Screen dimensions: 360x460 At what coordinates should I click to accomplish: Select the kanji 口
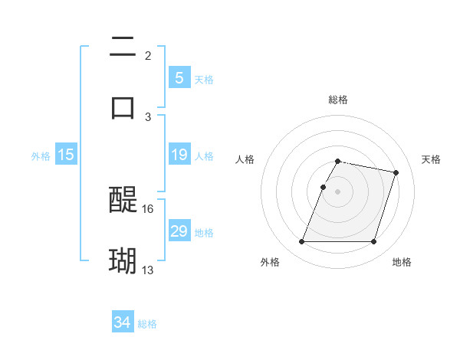coord(123,106)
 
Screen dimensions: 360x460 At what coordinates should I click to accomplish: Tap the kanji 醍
coord(123,201)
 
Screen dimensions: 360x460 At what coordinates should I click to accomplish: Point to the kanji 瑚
coord(123,261)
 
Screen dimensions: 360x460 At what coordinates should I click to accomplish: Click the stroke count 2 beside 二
coord(148,56)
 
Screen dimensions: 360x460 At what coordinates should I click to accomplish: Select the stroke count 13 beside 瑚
coord(148,270)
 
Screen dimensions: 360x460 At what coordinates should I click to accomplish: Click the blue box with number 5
coord(179,77)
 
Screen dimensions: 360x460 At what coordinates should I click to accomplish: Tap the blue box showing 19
coord(179,155)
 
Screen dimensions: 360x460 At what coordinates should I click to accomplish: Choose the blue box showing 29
coord(179,231)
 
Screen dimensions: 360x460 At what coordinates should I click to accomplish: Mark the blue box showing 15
coord(66,155)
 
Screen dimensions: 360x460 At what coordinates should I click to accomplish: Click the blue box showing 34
coord(122,322)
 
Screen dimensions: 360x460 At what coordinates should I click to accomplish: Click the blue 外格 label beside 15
coord(41,155)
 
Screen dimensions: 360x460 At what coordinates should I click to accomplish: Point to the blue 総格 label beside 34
coord(147,323)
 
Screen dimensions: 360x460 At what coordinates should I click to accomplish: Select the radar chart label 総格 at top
coord(338,100)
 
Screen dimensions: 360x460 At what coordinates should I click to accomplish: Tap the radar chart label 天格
coord(432,159)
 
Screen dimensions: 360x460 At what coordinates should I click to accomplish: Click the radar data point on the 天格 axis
coord(396,173)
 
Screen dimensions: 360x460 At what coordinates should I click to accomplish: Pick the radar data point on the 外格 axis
coord(302,242)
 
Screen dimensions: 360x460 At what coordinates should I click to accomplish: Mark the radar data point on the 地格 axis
coord(373,242)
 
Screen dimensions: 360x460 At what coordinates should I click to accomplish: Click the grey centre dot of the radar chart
coord(338,192)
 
